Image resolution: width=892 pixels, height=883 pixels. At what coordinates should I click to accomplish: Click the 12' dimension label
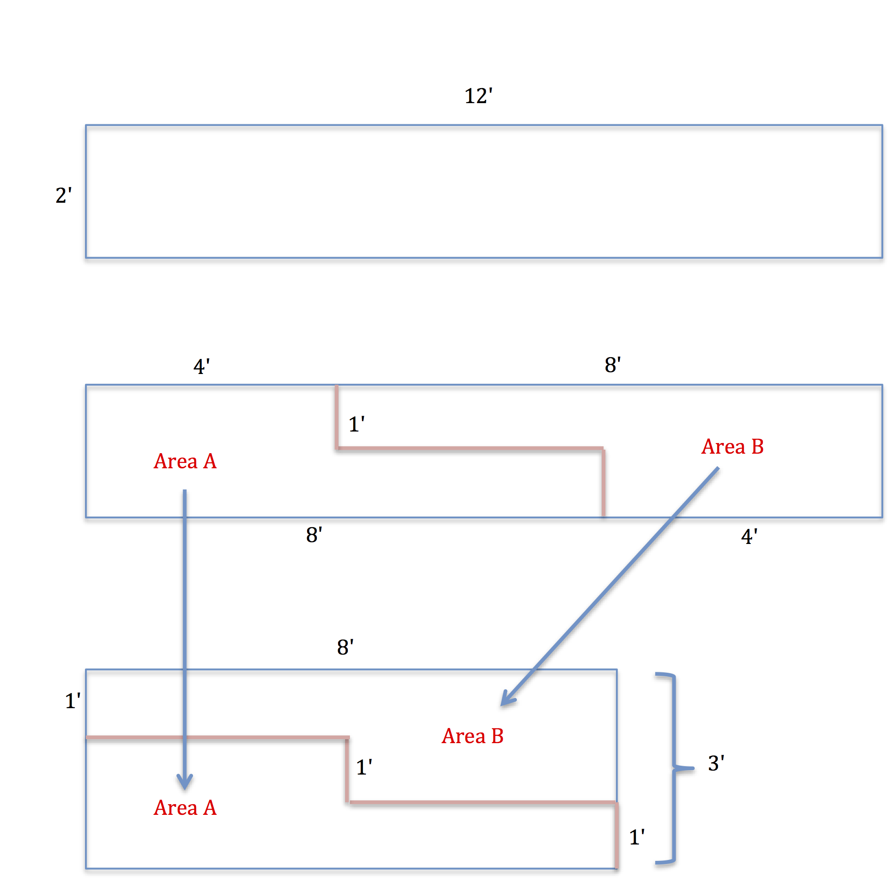click(478, 96)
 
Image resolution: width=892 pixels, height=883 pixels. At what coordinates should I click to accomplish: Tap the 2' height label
click(64, 195)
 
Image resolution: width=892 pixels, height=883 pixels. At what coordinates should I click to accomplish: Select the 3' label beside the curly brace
click(715, 763)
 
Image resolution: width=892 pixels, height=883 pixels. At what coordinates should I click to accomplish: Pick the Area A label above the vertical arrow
click(185, 461)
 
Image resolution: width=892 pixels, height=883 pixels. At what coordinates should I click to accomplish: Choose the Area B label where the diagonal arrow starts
click(732, 447)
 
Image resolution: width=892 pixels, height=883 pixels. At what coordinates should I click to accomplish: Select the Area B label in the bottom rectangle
click(472, 736)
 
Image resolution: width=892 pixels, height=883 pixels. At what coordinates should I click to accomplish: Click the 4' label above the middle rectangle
click(201, 366)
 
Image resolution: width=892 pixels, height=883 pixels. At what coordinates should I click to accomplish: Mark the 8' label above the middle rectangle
click(613, 365)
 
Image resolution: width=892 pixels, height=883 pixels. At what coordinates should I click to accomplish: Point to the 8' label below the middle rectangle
click(314, 535)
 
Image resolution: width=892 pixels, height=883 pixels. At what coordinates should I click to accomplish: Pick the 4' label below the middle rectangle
click(749, 536)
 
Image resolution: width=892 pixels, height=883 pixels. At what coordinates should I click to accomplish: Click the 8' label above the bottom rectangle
click(346, 648)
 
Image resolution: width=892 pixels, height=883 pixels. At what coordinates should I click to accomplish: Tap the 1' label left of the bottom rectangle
click(73, 701)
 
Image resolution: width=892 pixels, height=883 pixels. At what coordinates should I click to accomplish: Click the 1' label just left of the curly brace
click(637, 837)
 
